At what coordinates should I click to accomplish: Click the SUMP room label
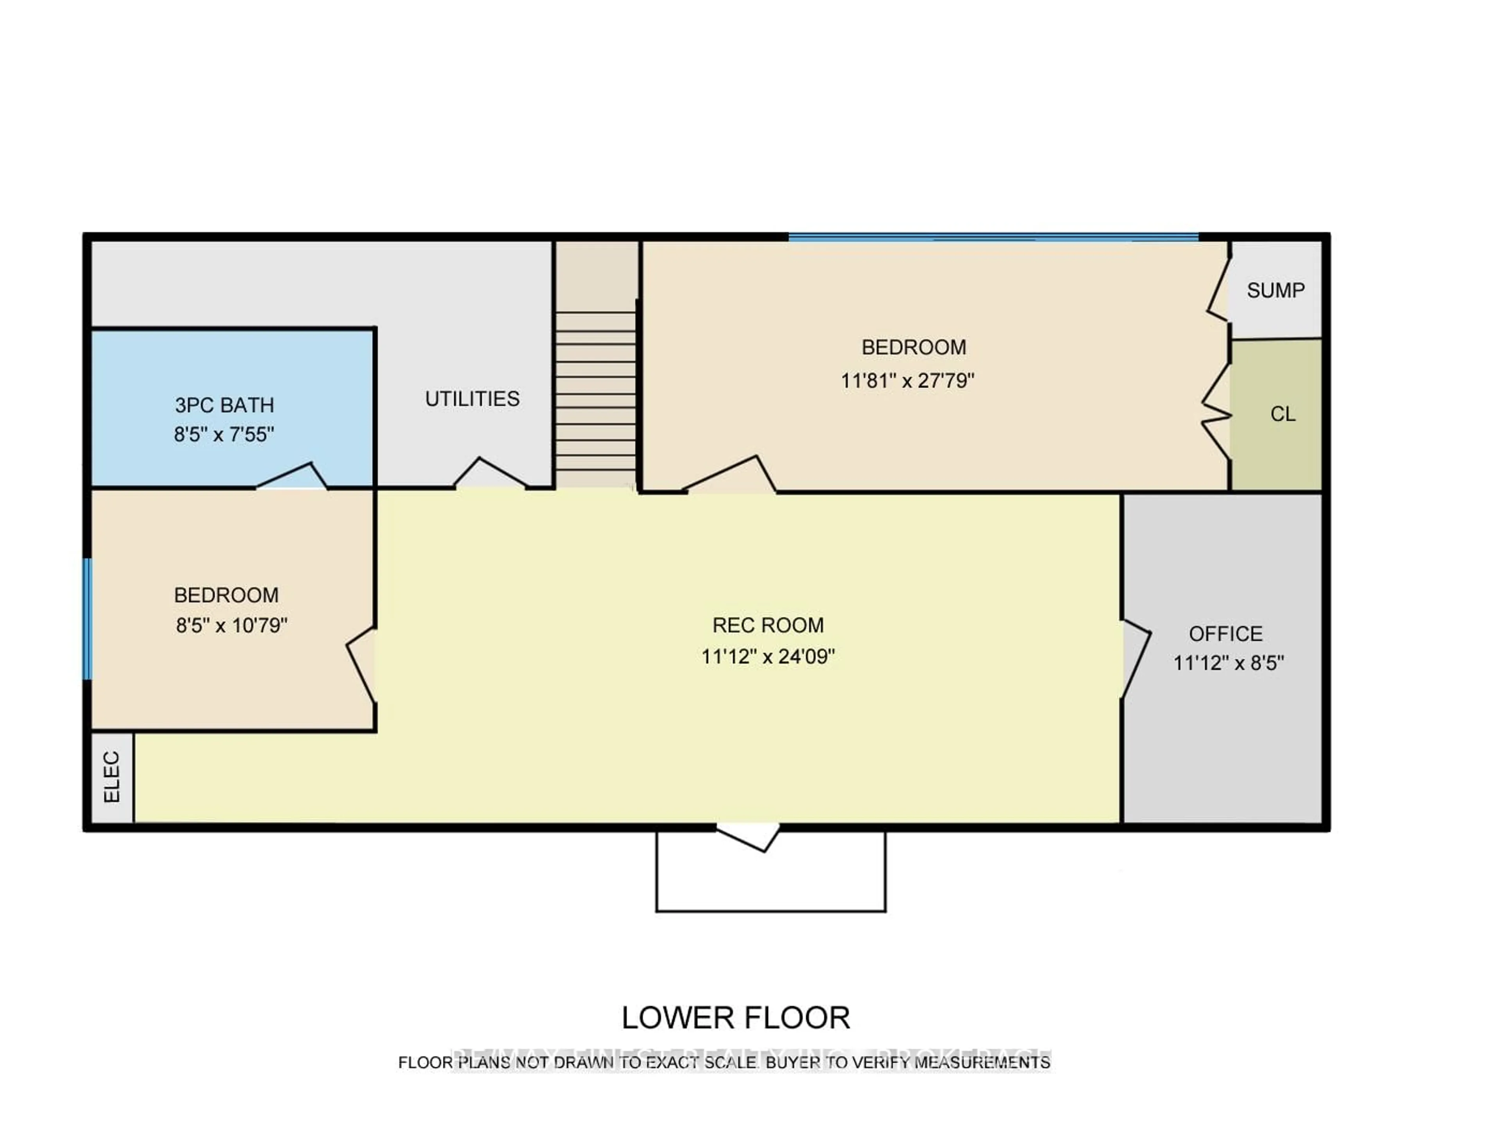[1275, 291]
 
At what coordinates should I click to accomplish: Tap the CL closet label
[1283, 414]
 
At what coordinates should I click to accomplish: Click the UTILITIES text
[472, 399]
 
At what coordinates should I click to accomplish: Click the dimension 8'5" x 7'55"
[224, 434]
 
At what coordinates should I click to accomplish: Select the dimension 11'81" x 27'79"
[907, 380]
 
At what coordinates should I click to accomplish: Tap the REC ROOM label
[768, 625]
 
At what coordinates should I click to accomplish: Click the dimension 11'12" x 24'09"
[768, 656]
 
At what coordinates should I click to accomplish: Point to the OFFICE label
[1225, 634]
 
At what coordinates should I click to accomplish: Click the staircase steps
[595, 391]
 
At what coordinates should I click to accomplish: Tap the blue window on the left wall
[88, 618]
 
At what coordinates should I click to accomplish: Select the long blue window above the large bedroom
[993, 237]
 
